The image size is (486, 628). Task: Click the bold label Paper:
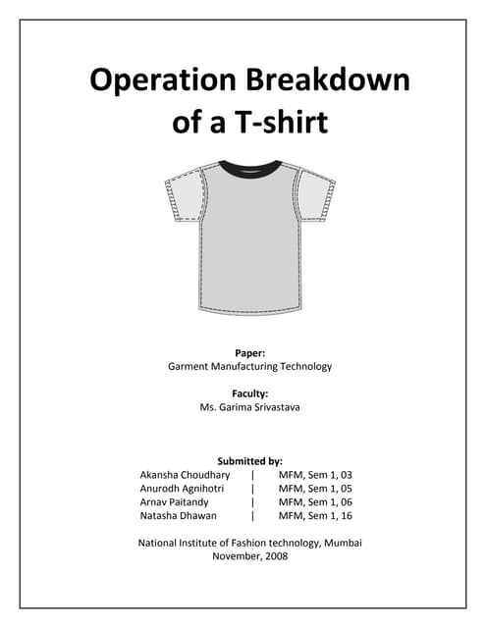[x=249, y=351]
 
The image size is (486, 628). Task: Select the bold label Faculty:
[x=249, y=393]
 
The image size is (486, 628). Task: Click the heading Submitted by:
[x=249, y=459]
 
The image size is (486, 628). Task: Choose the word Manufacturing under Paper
[x=241, y=366]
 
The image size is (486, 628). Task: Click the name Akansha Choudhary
[x=185, y=474]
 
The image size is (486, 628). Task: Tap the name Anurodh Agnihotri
[x=185, y=488]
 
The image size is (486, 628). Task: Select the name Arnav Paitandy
[x=177, y=501]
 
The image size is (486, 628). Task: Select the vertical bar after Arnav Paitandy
[x=253, y=501]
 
